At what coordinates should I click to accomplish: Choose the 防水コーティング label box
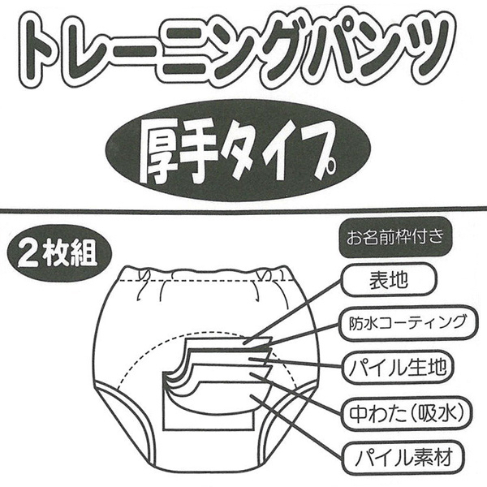[403, 322]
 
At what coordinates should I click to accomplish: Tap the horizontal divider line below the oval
[243, 210]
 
